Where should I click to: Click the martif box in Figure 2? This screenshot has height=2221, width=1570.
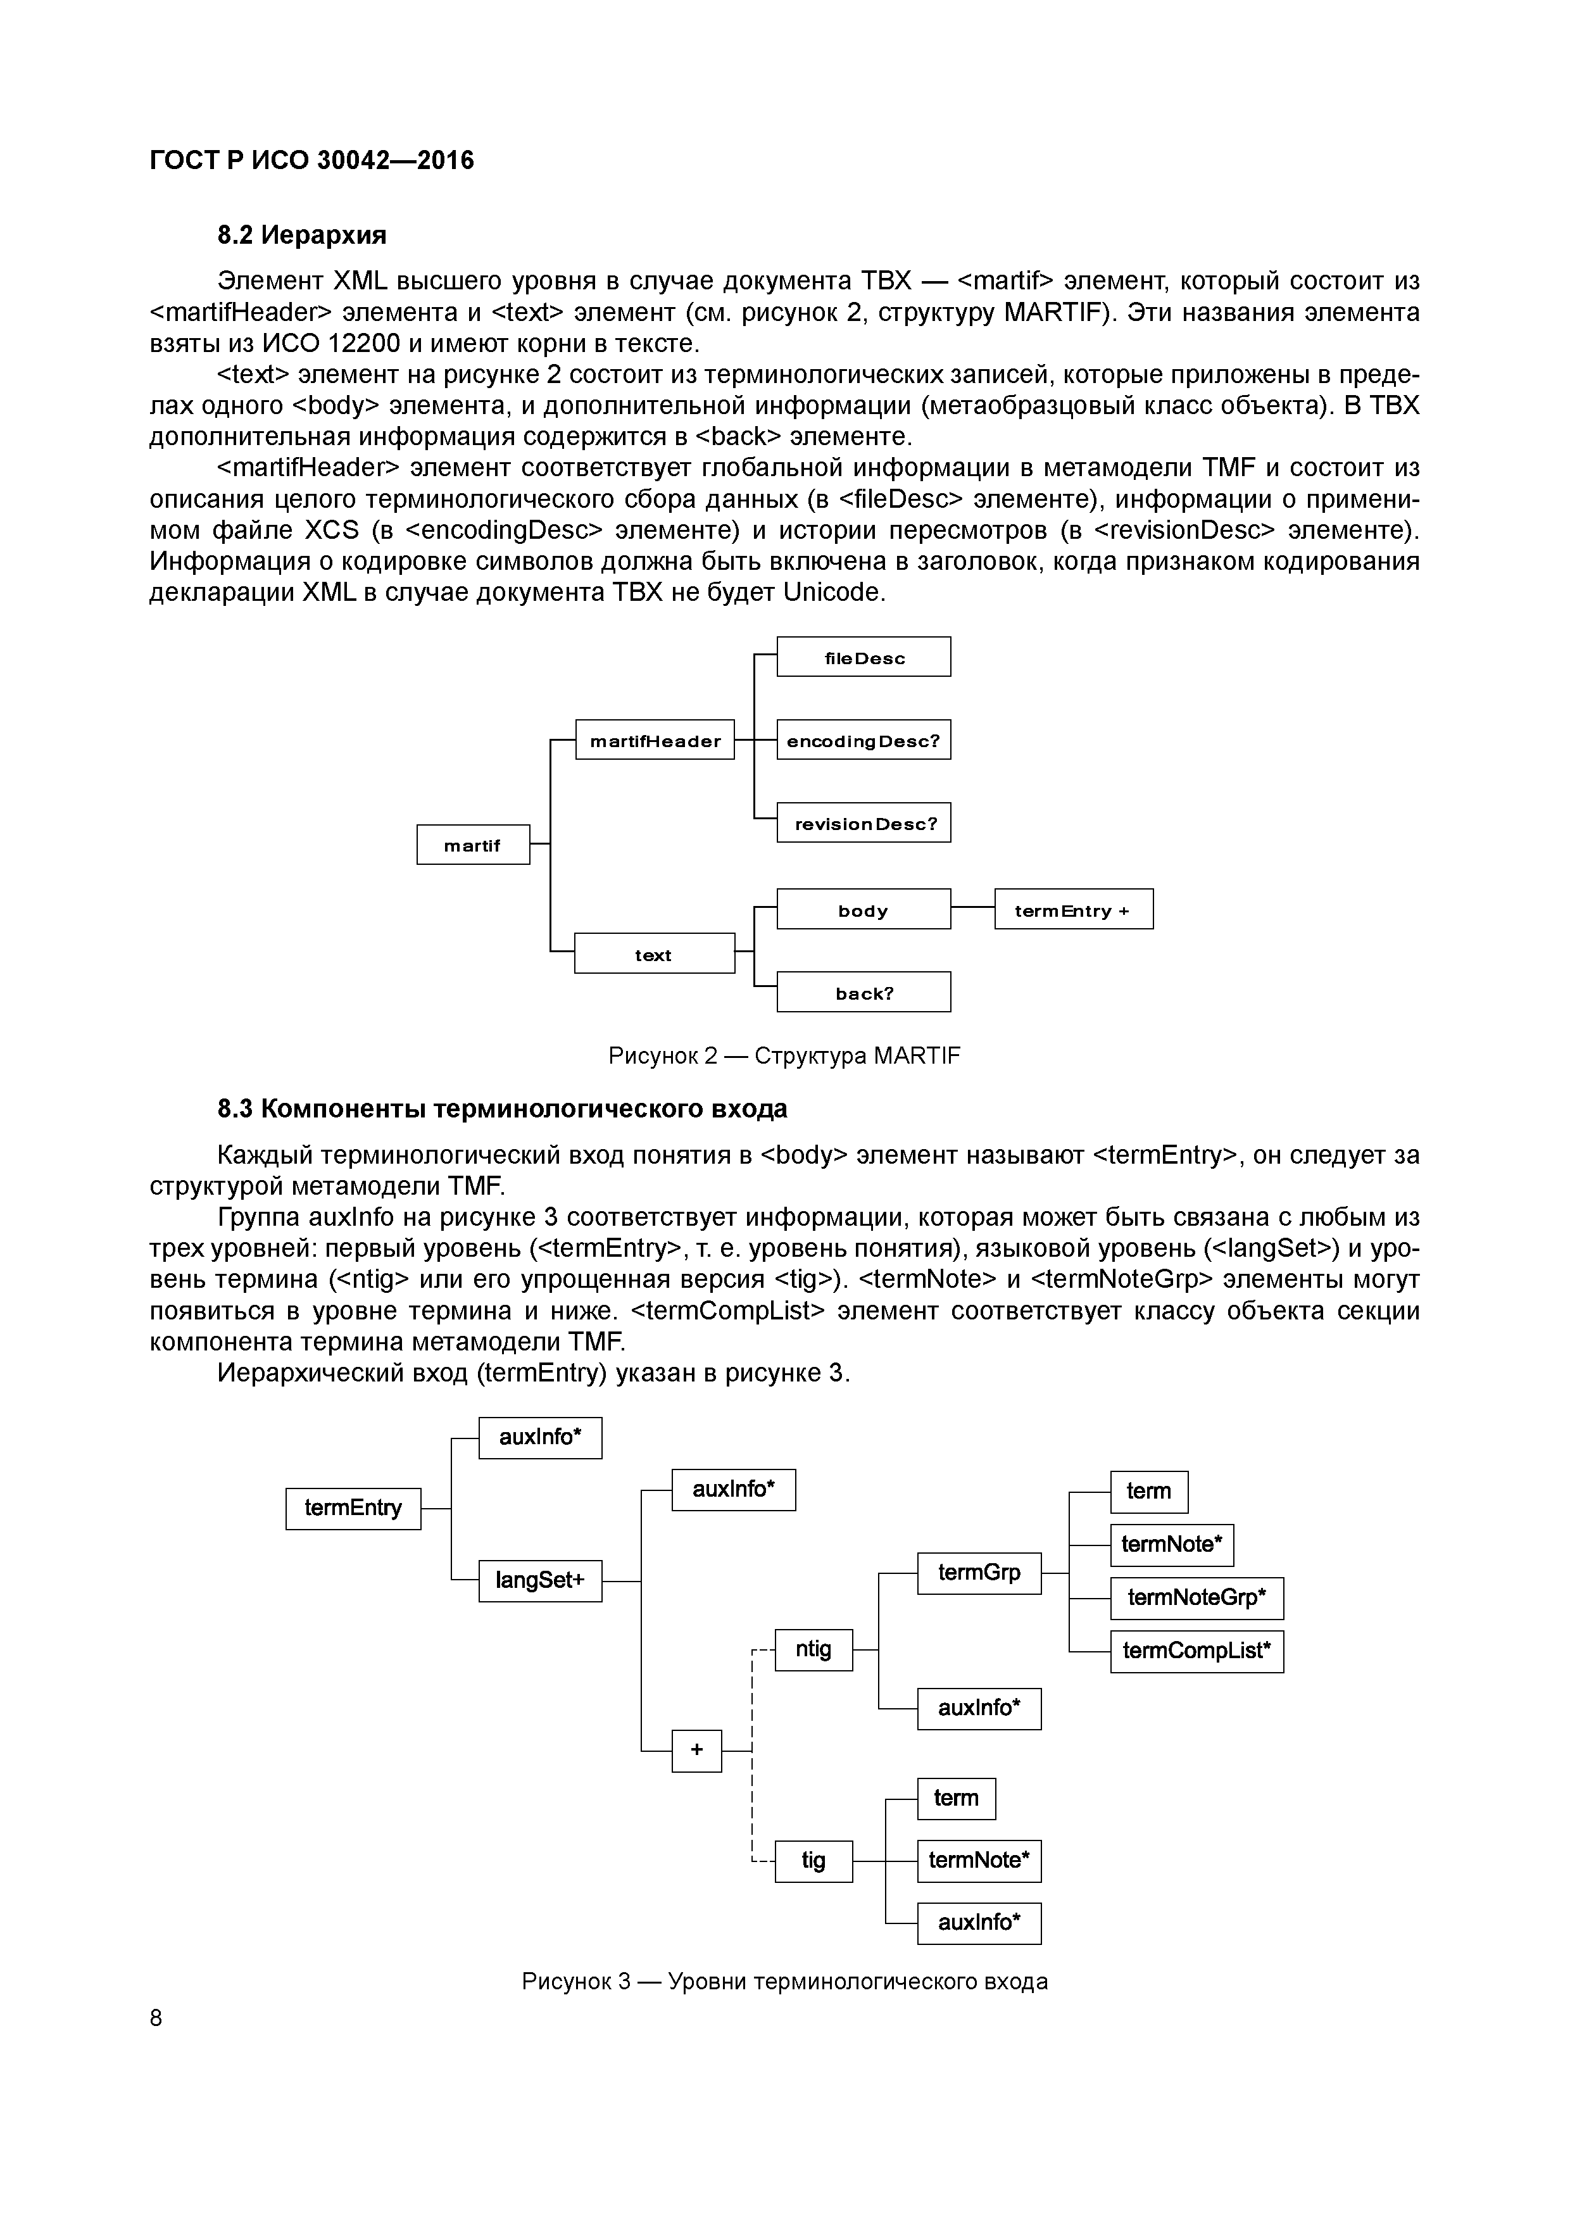pos(473,845)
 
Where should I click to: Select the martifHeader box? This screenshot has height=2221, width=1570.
pos(655,740)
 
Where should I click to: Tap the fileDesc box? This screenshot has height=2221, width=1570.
pos(864,657)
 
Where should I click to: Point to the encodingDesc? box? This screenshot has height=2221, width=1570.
pos(864,740)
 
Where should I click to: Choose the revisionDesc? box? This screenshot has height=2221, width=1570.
pos(864,823)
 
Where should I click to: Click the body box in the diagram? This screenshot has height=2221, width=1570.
pos(864,909)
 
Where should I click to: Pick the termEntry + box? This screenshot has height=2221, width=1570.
pos(1074,909)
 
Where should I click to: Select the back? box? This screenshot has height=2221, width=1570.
pos(864,993)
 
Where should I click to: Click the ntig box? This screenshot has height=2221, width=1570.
pos(813,1649)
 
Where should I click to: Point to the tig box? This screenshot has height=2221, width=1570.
pos(813,1860)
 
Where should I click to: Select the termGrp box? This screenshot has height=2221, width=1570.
pos(979,1573)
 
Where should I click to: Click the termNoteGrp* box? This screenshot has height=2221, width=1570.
pos(1196,1597)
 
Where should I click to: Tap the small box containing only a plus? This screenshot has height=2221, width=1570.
pos(696,1750)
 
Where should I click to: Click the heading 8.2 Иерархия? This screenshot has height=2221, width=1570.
pos(302,235)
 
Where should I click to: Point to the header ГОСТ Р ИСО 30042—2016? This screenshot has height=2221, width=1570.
pos(311,160)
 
